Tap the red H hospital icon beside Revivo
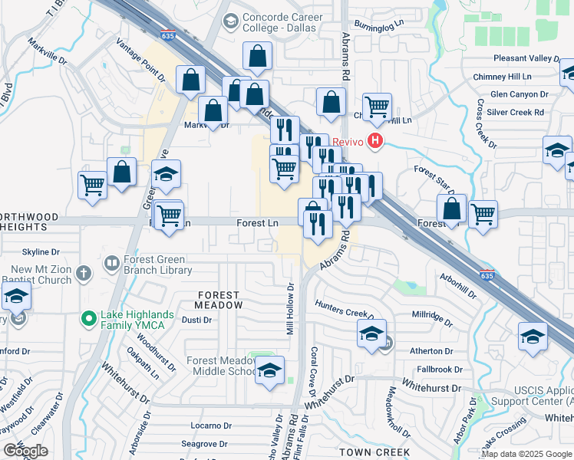[x=375, y=140]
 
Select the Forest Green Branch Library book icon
[x=111, y=264]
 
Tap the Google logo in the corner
[x=25, y=450]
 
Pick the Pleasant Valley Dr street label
[x=527, y=58]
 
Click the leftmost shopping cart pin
[x=92, y=186]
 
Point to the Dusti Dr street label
[x=196, y=320]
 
